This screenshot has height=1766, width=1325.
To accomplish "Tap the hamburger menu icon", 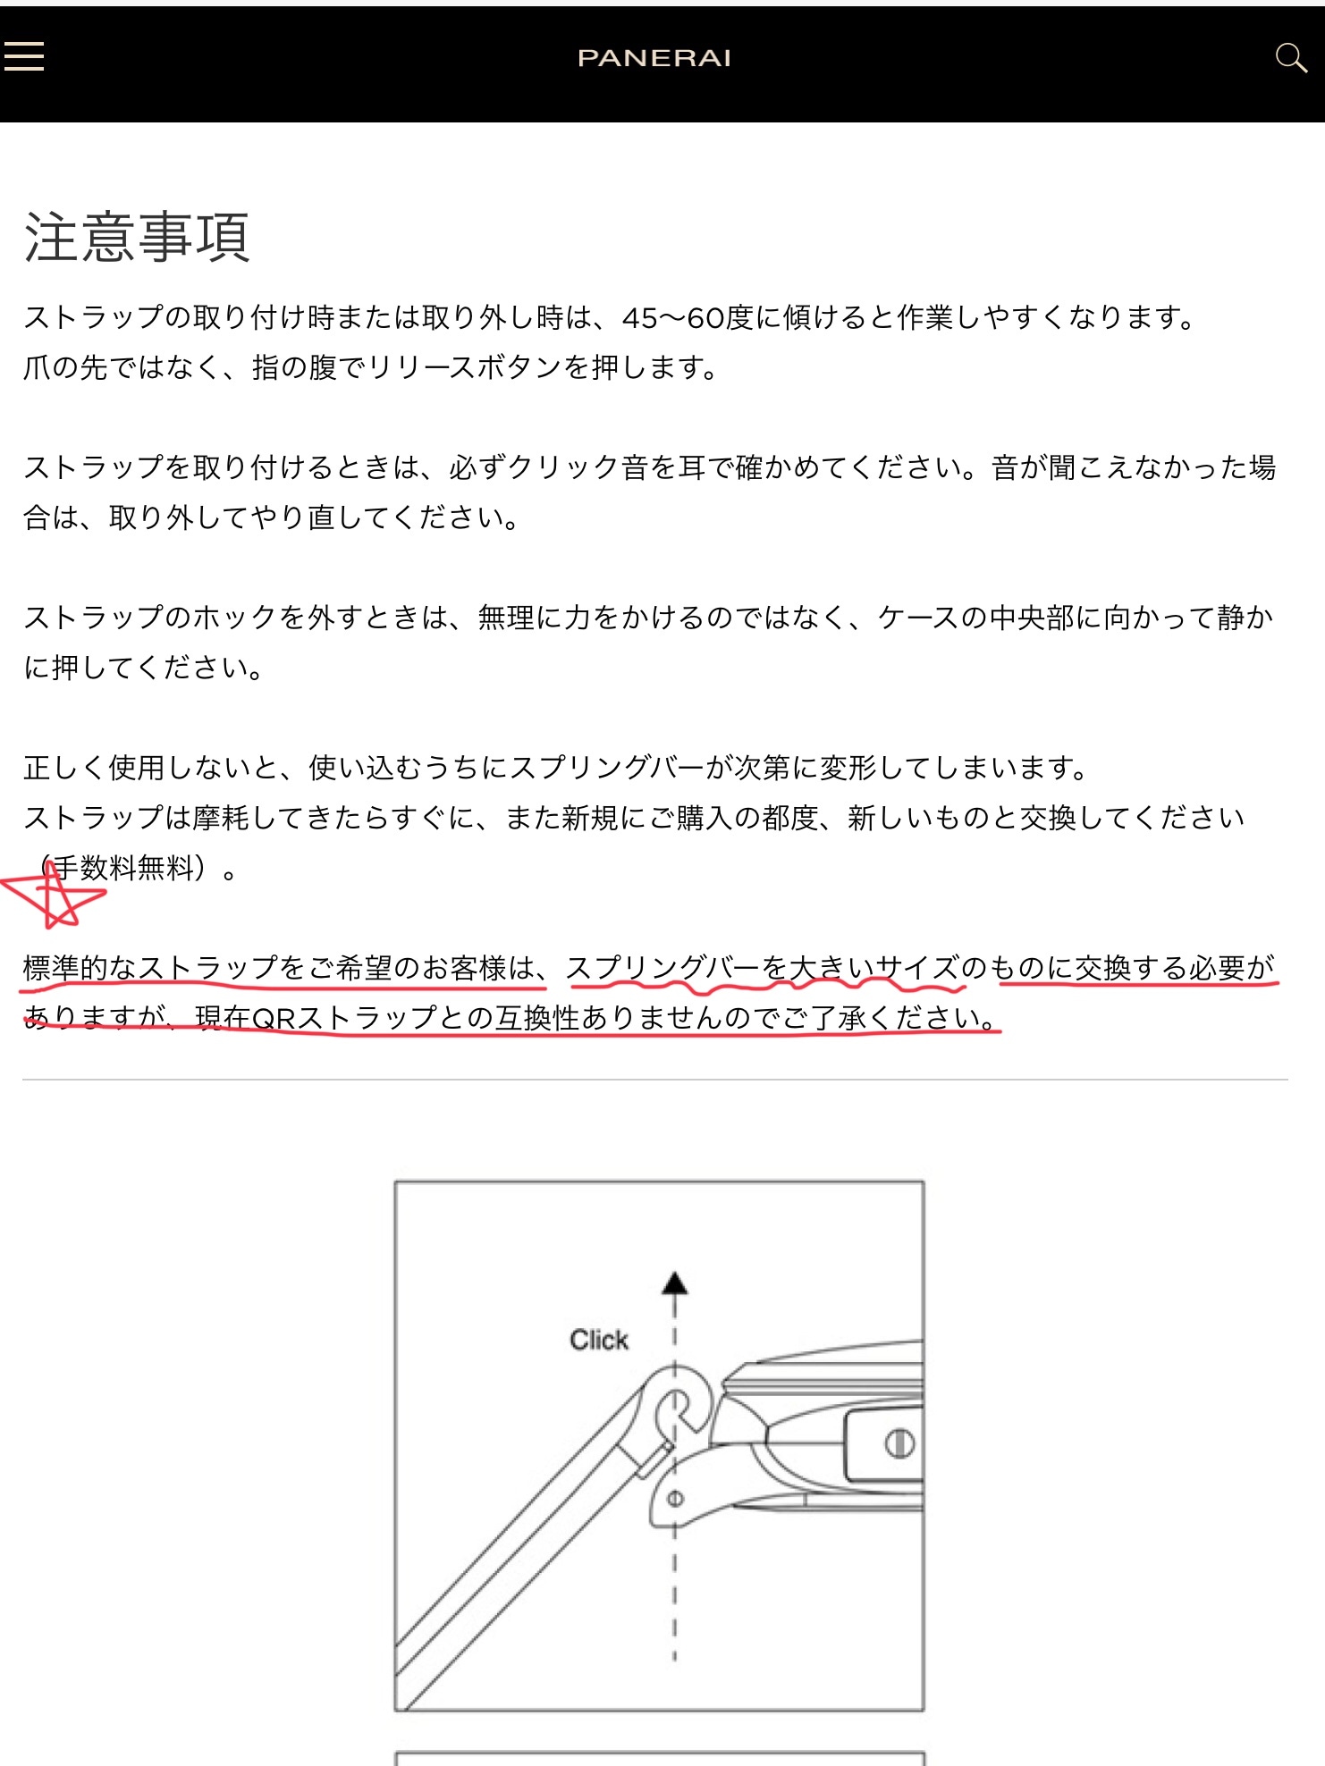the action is [x=24, y=55].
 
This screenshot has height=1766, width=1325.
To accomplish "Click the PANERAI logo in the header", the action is [x=654, y=58].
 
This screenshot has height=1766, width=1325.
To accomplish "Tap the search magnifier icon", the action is [x=1290, y=58].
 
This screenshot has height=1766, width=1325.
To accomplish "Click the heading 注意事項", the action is [x=137, y=237].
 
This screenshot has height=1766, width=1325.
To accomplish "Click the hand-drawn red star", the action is [x=54, y=894].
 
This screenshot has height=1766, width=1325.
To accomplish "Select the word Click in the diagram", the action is [x=599, y=1340].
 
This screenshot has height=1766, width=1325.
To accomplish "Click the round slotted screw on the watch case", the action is [x=899, y=1443].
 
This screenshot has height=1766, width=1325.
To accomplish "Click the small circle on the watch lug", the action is [x=676, y=1499].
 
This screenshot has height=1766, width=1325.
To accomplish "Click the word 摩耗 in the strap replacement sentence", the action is [x=221, y=818].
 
